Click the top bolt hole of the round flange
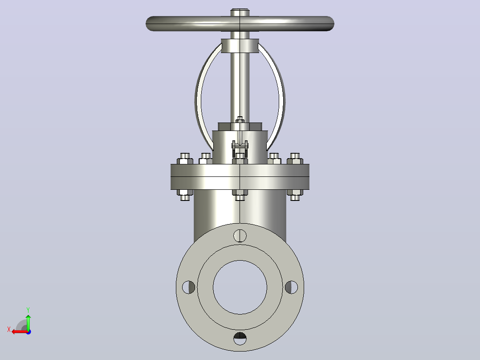240,236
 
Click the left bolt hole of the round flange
189,287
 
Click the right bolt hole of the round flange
291,287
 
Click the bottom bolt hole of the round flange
240,338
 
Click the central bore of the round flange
240,287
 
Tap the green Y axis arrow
28,322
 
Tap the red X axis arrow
20,331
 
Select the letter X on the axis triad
9,329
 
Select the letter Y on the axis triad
28,310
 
